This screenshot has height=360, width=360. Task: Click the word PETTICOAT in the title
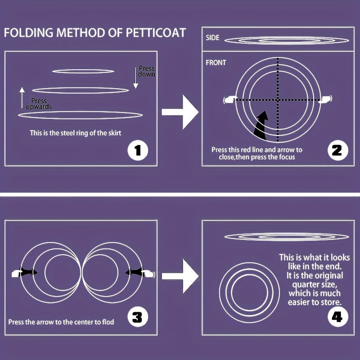click(156, 32)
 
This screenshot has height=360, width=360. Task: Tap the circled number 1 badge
click(138, 150)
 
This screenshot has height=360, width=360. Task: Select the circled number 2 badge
click(338, 150)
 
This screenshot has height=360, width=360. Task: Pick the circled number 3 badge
click(138, 317)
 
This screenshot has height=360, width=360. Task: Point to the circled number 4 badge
click(338, 317)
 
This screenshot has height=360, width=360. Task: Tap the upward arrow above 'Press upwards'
click(22, 98)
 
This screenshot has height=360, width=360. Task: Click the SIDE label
click(212, 38)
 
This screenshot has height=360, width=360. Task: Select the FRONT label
click(216, 63)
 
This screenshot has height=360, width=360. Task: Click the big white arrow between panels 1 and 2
click(180, 112)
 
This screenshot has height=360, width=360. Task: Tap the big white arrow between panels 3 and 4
click(180, 276)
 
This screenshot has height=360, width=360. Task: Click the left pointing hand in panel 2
click(230, 99)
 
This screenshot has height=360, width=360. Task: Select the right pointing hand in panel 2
click(325, 99)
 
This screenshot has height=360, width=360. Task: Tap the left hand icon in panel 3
click(17, 274)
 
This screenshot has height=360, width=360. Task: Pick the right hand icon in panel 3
click(148, 274)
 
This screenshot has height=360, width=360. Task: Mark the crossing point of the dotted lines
click(278, 99)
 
